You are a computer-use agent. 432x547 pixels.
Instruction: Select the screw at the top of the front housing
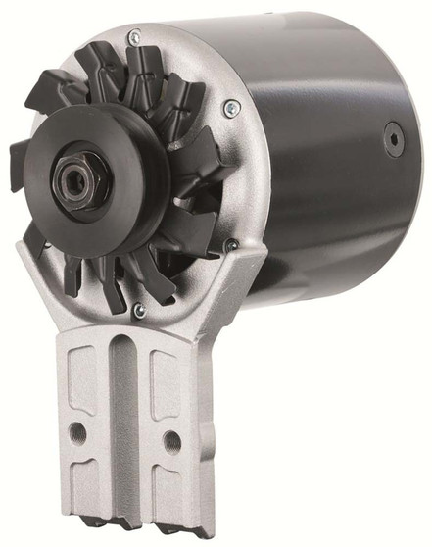point(135,37)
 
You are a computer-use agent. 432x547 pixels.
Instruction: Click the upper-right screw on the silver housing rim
point(229,109)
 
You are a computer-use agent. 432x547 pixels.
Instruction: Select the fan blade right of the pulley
point(201,186)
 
